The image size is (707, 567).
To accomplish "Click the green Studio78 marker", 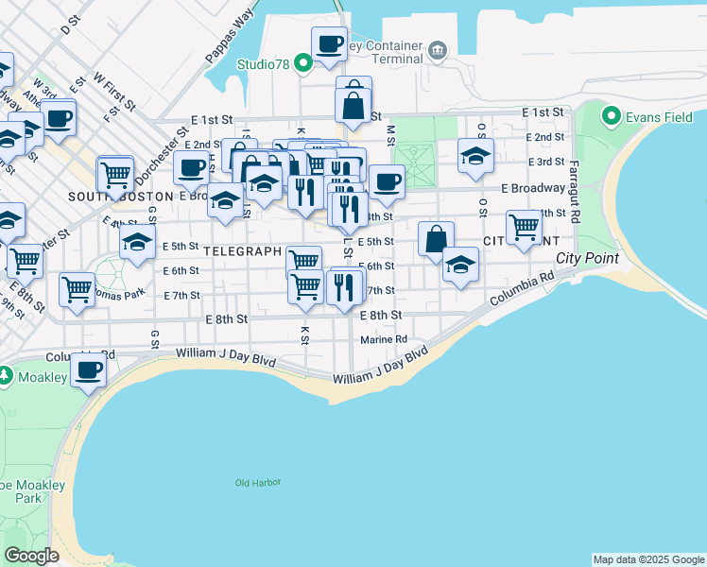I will tap(302, 64).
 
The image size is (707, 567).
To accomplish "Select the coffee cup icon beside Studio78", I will tap(329, 43).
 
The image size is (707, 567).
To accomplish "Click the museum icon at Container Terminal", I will tap(437, 49).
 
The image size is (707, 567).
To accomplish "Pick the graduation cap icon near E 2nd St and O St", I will tap(475, 155).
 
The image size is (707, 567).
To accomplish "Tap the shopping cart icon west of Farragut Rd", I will tap(523, 226).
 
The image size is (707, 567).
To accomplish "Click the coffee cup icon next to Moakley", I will tap(89, 369).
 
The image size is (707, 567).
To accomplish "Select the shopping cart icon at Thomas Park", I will tap(77, 288).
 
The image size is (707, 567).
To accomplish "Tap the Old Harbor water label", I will tap(258, 483).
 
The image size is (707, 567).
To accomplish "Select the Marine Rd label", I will tap(384, 339).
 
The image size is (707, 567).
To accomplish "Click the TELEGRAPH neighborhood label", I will tap(242, 251).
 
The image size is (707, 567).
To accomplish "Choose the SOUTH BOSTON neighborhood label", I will tap(104, 197).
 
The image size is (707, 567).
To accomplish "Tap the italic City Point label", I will tap(587, 258).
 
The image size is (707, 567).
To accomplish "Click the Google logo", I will tap(31, 556).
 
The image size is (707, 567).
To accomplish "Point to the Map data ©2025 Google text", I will tap(647, 559).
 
